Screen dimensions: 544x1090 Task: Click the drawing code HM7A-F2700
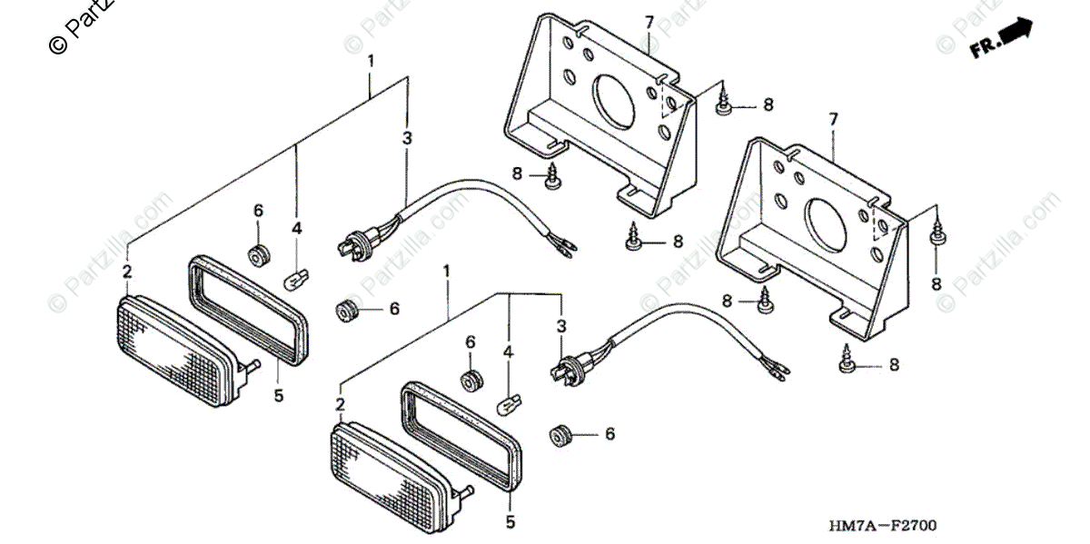(880, 526)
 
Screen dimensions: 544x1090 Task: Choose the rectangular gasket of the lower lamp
(461, 436)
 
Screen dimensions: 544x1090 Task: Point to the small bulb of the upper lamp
(292, 278)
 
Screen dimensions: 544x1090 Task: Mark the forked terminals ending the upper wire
(561, 245)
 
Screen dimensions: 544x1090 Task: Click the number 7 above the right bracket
(832, 119)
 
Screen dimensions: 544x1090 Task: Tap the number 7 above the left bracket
(649, 21)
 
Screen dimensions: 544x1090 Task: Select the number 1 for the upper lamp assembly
(371, 61)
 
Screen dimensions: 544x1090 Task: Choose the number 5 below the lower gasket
(510, 522)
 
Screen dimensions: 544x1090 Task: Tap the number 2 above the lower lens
(339, 404)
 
